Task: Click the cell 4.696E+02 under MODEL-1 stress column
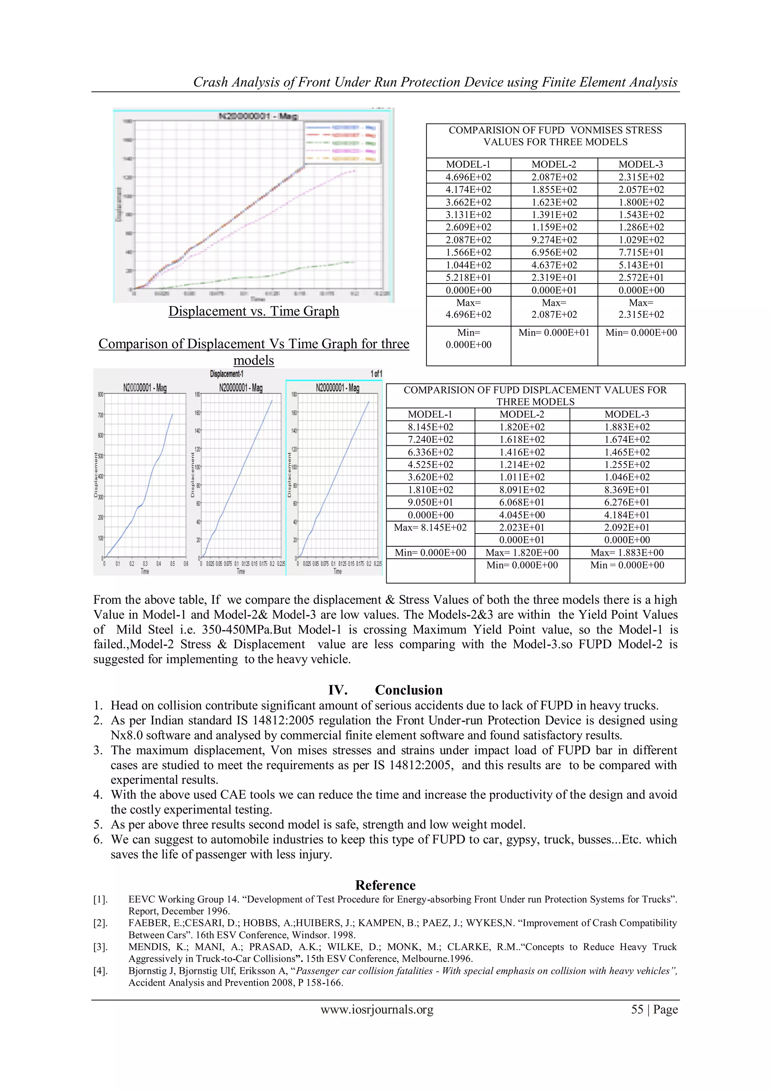468,177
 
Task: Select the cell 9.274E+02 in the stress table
554,240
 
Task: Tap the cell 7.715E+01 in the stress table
641,253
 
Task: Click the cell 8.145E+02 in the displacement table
430,427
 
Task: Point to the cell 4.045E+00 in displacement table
522,515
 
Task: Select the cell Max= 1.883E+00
627,553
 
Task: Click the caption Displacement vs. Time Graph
253,311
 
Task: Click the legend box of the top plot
342,143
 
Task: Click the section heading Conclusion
408,690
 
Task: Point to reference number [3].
100,947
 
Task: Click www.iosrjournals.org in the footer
377,1009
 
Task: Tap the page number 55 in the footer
637,1009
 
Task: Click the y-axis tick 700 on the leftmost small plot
101,415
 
